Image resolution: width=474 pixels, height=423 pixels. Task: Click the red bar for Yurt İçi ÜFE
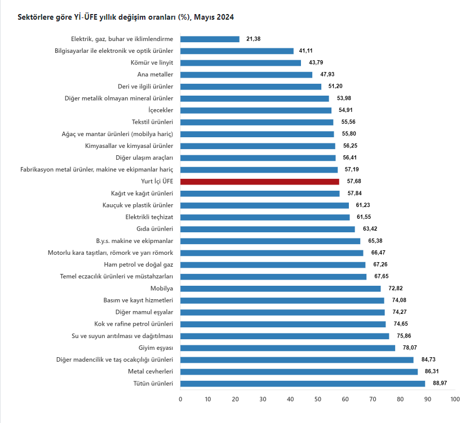(x=259, y=182)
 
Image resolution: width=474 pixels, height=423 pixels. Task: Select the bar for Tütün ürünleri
(x=303, y=384)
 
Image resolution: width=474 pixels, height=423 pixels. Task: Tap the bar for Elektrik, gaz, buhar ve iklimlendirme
(x=210, y=39)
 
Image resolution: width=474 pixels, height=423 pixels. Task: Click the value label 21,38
(x=254, y=39)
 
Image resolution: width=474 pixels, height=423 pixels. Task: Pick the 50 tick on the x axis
(x=318, y=399)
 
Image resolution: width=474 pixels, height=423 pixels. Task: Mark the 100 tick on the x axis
(x=455, y=399)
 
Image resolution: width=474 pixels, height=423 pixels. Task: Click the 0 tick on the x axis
(x=180, y=399)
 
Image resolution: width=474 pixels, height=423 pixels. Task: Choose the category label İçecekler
(x=161, y=110)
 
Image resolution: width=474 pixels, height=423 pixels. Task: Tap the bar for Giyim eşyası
(x=287, y=348)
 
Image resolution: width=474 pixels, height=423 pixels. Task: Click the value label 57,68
(x=355, y=182)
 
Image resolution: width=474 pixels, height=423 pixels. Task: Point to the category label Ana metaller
(x=155, y=75)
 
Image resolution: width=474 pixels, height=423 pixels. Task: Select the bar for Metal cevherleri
(x=299, y=372)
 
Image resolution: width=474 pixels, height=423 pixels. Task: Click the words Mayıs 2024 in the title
(x=214, y=17)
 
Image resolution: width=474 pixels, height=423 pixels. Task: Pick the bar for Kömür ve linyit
(x=241, y=63)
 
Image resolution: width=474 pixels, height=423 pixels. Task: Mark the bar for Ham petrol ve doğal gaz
(x=273, y=265)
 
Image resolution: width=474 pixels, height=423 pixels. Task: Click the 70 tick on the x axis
(x=373, y=399)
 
